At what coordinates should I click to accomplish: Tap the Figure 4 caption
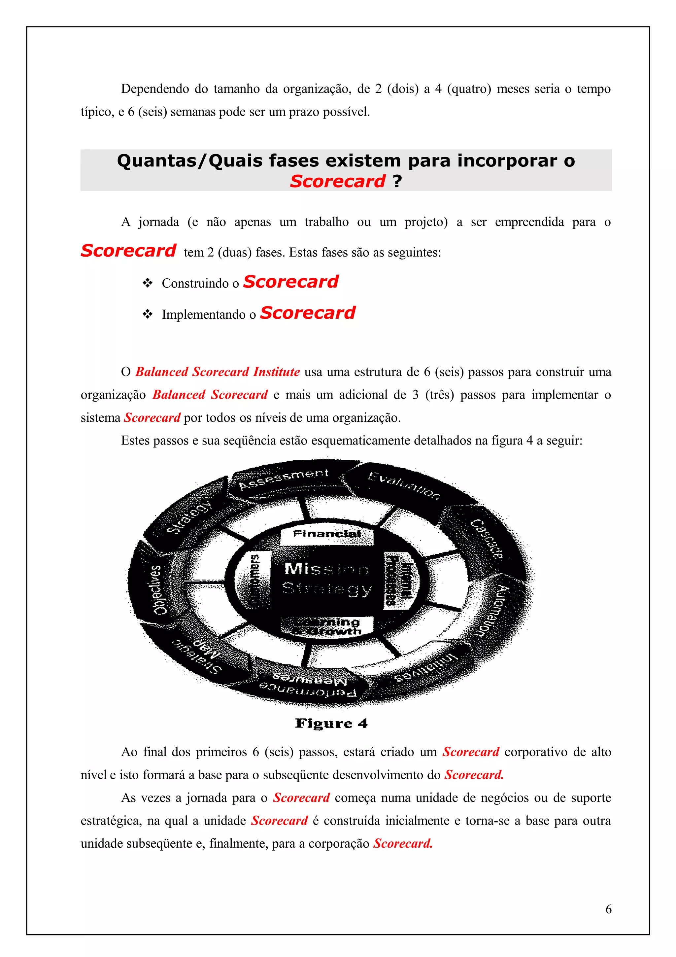331,723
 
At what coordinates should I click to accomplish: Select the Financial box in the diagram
327,534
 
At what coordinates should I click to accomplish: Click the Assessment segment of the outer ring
284,479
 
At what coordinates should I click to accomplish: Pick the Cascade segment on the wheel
487,539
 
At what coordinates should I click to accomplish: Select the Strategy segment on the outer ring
189,518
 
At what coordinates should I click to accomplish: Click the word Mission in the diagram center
327,569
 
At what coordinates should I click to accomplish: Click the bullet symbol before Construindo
148,283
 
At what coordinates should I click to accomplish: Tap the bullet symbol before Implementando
148,314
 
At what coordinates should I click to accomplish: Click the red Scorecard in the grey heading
338,181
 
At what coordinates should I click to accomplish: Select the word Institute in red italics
277,372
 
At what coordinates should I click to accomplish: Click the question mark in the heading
397,181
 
